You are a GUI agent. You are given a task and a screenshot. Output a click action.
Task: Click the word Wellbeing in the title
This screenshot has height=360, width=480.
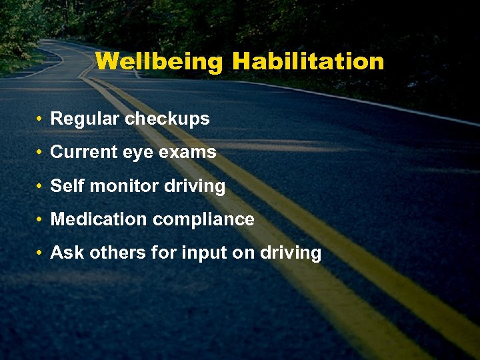pos(159,62)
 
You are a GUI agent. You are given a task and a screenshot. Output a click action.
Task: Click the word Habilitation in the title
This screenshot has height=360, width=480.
pos(308,62)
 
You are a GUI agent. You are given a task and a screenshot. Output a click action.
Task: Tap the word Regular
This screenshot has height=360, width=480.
pos(85,119)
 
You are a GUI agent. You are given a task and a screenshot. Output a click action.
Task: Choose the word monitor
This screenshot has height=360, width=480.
pos(121,186)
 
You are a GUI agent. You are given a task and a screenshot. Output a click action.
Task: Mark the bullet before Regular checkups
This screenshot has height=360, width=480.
pos(41,120)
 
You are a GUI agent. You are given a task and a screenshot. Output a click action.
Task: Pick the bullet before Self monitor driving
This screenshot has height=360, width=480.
pos(41,187)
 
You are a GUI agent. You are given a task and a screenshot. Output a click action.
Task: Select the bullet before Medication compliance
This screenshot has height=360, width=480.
pos(41,220)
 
